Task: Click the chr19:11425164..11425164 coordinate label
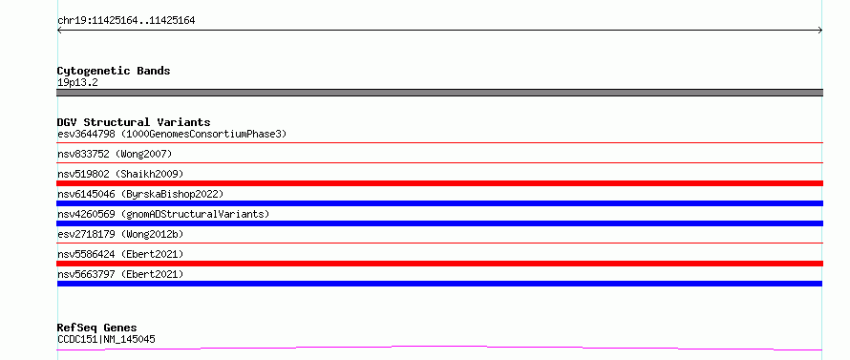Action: [x=126, y=21]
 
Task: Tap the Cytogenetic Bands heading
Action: [x=114, y=71]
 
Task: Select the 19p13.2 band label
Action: [x=77, y=83]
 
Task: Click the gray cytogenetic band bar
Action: [x=439, y=93]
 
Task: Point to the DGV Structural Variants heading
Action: [x=134, y=122]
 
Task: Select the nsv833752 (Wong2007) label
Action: [x=115, y=154]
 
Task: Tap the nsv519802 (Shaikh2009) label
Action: [x=120, y=174]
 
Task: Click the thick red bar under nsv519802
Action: [x=439, y=183]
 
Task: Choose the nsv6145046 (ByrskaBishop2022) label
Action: [x=140, y=194]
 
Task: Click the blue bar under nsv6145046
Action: [x=439, y=203]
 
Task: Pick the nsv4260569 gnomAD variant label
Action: [x=163, y=214]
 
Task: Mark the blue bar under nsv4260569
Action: [x=439, y=223]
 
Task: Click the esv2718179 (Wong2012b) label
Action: [x=120, y=234]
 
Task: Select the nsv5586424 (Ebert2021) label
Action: [x=120, y=254]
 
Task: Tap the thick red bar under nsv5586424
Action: [x=439, y=264]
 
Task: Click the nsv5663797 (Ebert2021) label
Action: [x=120, y=274]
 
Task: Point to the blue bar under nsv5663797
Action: [x=439, y=284]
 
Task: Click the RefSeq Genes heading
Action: [x=96, y=328]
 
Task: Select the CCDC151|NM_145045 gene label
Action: [x=106, y=340]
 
